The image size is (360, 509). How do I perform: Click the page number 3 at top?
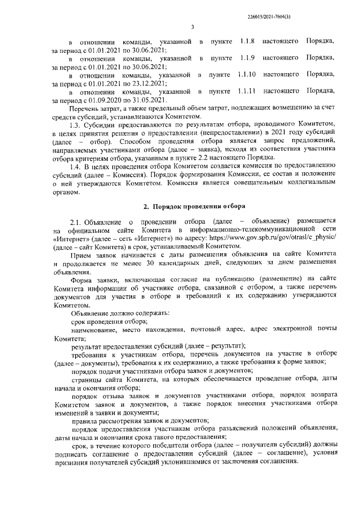(192, 26)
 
